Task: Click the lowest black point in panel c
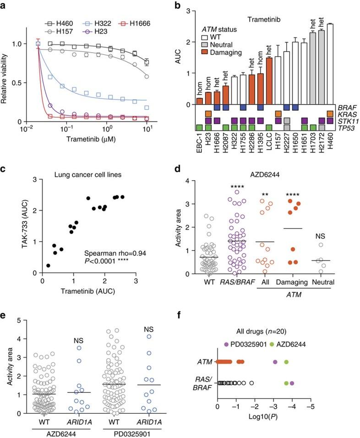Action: click(x=49, y=265)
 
